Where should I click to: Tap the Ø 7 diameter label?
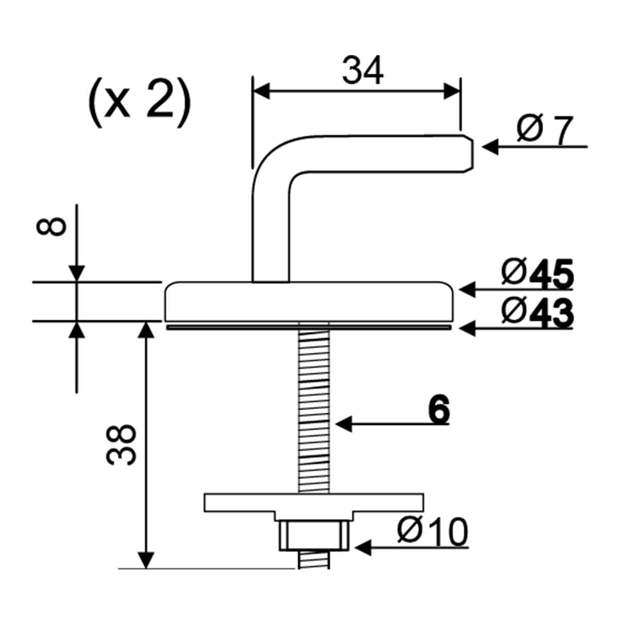point(544,132)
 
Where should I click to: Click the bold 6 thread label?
point(438,411)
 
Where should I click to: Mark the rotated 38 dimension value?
point(122,445)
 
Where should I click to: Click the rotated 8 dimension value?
point(54,226)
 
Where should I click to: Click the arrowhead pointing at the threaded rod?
point(344,424)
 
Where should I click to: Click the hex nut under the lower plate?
point(314,535)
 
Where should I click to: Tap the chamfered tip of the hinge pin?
point(467,153)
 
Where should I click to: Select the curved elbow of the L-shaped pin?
point(273,160)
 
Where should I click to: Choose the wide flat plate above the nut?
point(314,502)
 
